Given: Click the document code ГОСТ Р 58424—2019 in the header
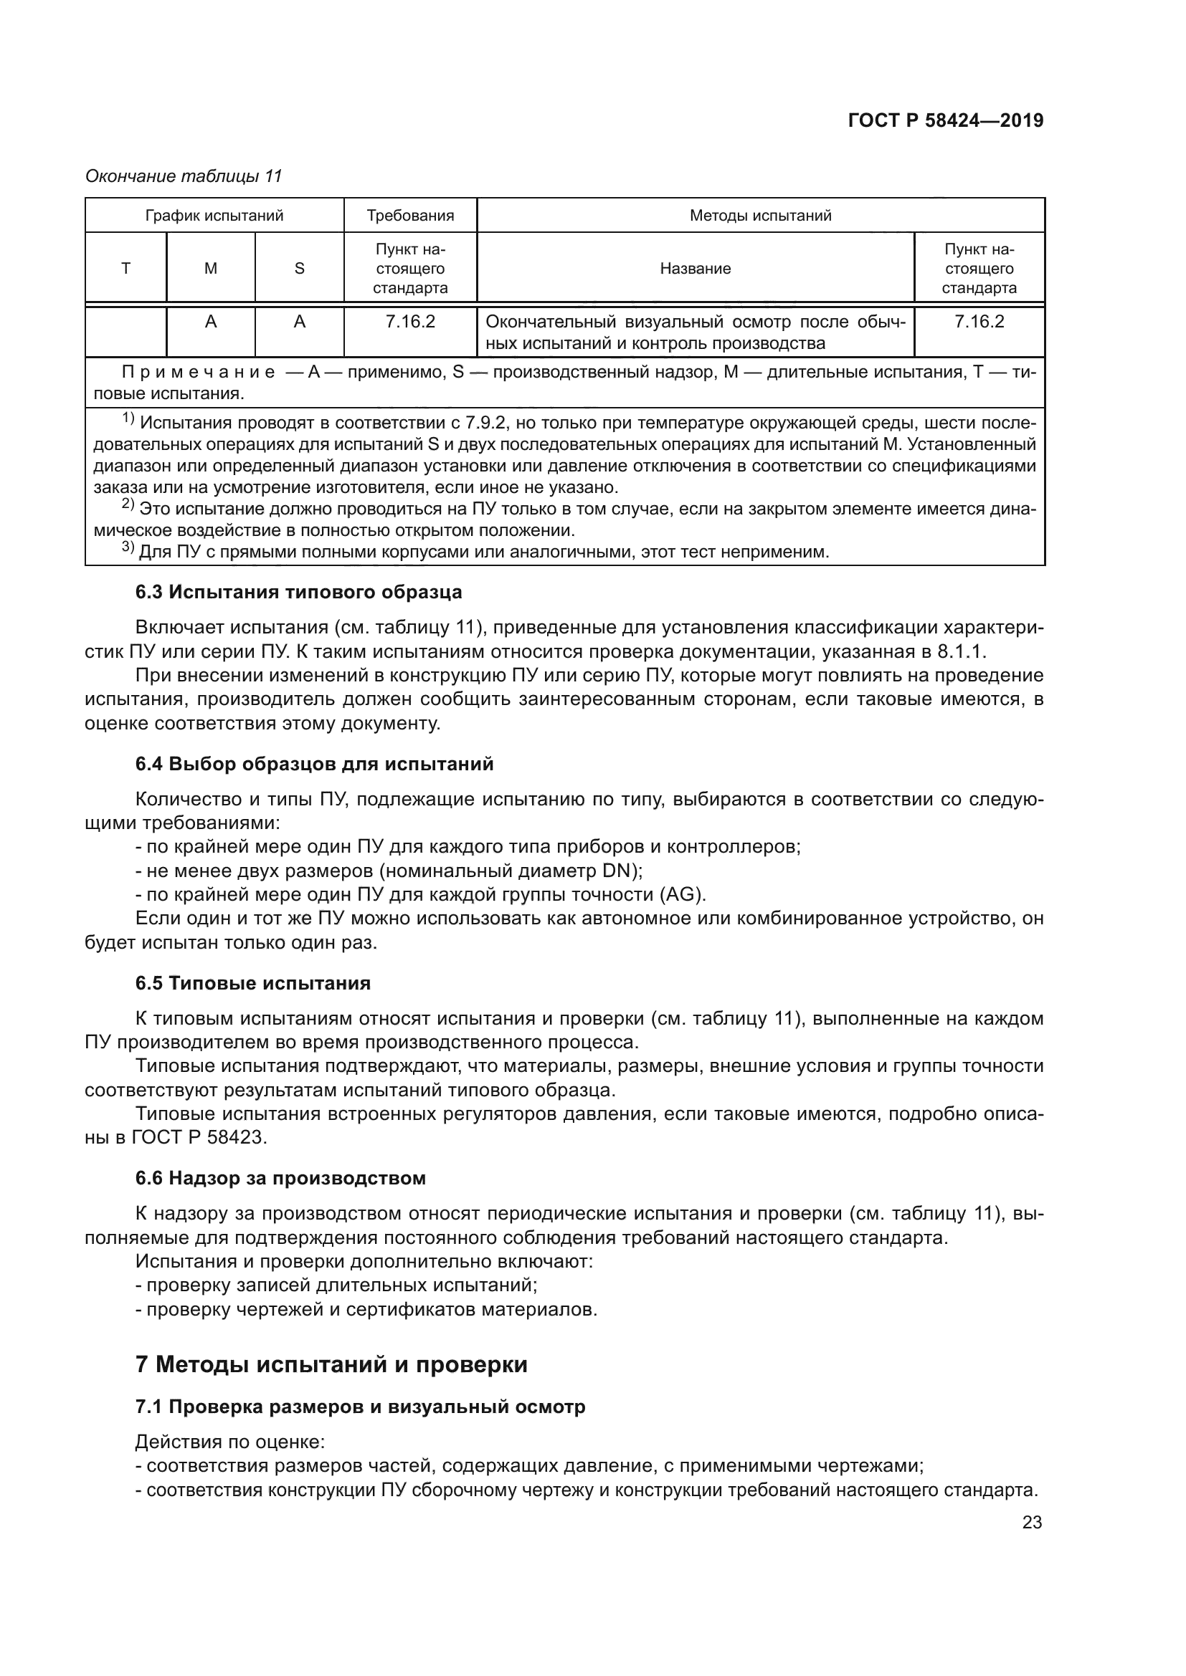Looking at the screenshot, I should tap(945, 121).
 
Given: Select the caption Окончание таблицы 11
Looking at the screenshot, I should tap(184, 177).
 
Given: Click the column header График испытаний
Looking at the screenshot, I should tap(214, 216).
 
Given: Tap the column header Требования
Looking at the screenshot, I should tap(409, 216).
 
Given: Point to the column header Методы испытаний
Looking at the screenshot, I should tap(760, 216).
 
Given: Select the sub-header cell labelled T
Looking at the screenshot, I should tap(125, 269).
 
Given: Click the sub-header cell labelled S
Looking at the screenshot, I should tap(299, 269).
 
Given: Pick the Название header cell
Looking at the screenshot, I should tap(695, 269).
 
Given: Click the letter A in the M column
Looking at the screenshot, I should tap(210, 322).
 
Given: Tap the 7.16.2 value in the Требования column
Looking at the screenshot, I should tap(409, 322).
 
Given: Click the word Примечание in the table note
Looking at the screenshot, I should tap(198, 373).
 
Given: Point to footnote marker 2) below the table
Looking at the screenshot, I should tap(128, 505).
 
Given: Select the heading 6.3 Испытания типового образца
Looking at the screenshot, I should tap(298, 592).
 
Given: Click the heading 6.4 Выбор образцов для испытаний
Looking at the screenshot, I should tap(314, 765).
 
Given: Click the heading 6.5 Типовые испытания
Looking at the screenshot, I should tap(252, 983).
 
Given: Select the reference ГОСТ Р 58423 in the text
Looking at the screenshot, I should tap(198, 1137).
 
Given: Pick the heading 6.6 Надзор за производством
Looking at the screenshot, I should tap(280, 1178).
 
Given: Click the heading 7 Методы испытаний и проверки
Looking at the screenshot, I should tap(331, 1364).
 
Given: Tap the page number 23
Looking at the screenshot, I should tap(1031, 1523).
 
